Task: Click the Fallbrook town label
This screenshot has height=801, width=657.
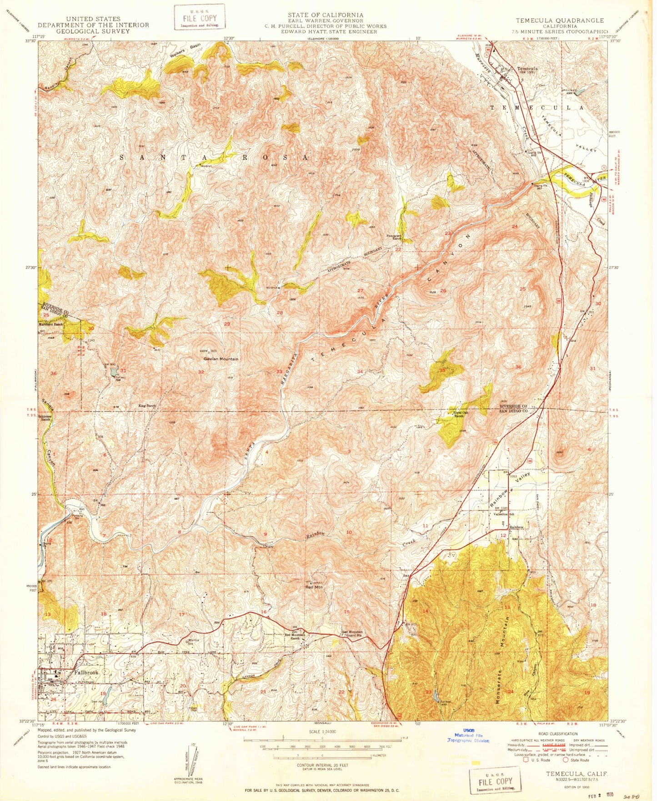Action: (85, 673)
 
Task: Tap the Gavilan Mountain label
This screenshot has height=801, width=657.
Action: (221, 359)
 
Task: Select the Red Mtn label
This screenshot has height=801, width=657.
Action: (314, 587)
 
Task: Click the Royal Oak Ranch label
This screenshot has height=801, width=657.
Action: (461, 414)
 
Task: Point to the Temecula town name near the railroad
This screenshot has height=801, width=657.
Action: (528, 69)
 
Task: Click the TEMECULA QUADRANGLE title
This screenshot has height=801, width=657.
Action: (560, 20)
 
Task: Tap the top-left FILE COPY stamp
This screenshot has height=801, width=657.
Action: (200, 17)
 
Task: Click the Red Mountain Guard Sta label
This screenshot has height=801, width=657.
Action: (352, 634)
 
